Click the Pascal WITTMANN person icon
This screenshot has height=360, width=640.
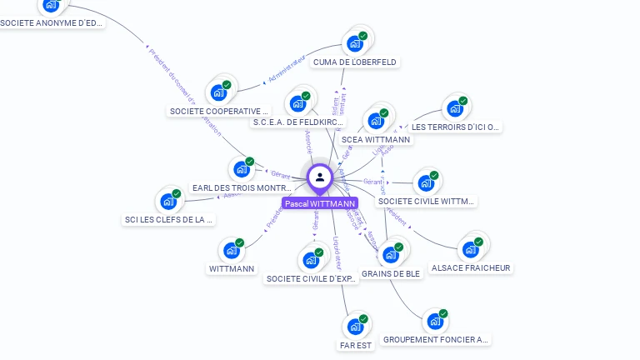click(320, 177)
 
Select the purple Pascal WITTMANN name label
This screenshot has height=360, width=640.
click(320, 203)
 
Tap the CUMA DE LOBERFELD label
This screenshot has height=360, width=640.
click(355, 62)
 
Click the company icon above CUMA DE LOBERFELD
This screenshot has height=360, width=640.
click(356, 42)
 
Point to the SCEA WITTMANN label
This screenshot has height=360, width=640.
click(377, 139)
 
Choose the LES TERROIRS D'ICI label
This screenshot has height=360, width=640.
click(457, 127)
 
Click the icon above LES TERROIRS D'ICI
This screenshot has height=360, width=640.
click(455, 107)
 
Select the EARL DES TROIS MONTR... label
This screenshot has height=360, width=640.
click(242, 188)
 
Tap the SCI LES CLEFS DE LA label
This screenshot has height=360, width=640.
click(169, 220)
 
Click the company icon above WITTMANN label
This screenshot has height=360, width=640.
click(232, 250)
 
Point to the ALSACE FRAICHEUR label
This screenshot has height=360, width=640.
click(471, 268)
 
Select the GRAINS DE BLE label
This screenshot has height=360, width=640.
click(392, 273)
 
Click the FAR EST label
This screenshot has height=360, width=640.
click(356, 345)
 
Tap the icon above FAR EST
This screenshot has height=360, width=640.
click(356, 326)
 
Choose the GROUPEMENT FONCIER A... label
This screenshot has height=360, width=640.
click(436, 339)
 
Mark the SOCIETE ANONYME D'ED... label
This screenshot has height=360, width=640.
click(52, 23)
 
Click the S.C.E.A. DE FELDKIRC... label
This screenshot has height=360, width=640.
click(297, 122)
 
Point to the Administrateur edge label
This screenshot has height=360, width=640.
click(287, 72)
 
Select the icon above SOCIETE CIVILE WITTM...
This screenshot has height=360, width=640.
click(426, 182)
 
